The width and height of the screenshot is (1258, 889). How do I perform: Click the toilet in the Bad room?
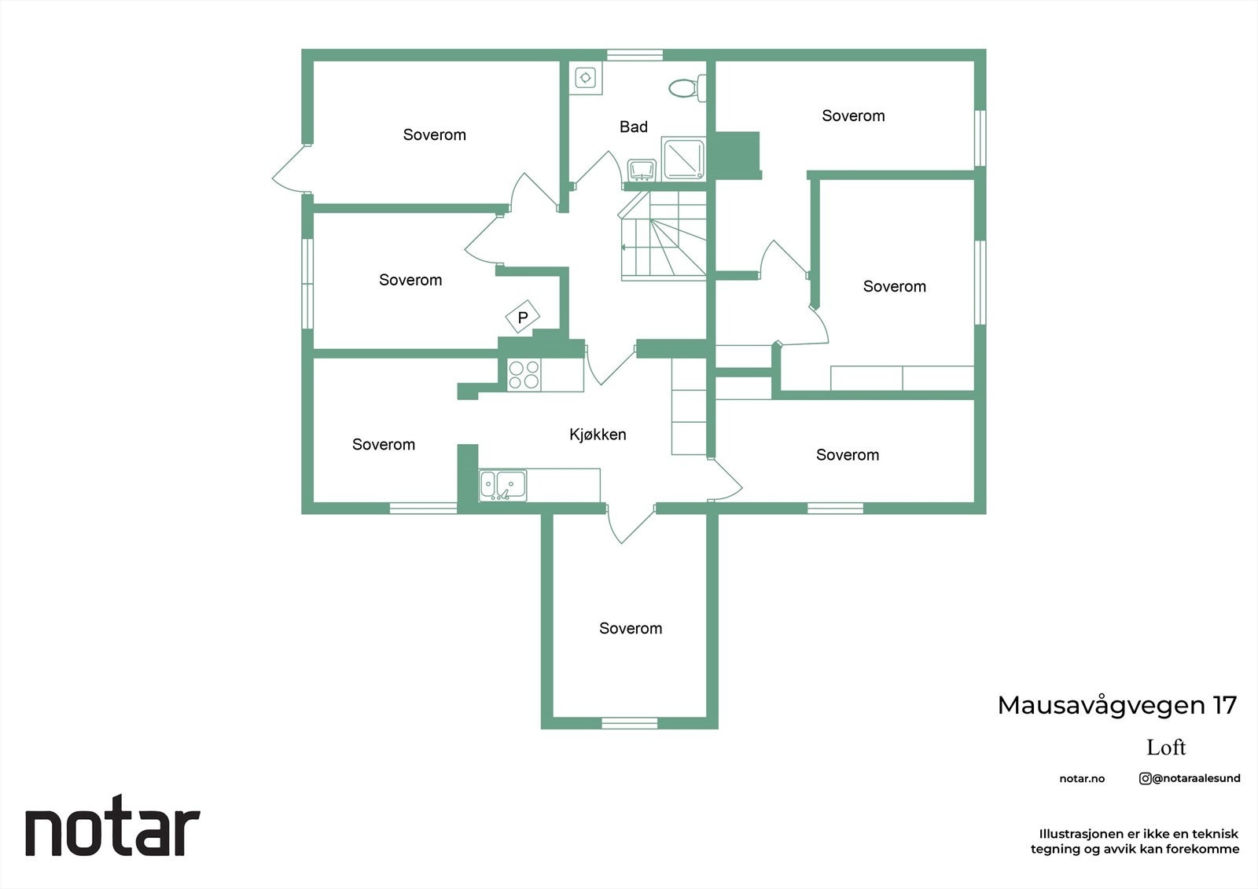pyautogui.click(x=686, y=88)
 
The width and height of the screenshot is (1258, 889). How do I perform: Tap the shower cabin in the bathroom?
pyautogui.click(x=684, y=158)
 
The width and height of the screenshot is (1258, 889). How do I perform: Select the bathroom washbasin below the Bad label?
pyautogui.click(x=642, y=170)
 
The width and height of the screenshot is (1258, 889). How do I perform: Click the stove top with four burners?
pyautogui.click(x=524, y=375)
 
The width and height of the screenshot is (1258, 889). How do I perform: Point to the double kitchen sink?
pyautogui.click(x=502, y=484)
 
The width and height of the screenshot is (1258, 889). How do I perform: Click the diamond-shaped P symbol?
pyautogui.click(x=523, y=318)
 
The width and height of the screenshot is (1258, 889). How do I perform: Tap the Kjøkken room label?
pyautogui.click(x=598, y=434)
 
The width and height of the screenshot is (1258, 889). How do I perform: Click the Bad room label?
pyautogui.click(x=634, y=127)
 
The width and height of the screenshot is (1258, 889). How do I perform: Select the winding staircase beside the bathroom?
pyautogui.click(x=662, y=236)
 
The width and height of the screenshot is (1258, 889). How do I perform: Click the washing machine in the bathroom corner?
pyautogui.click(x=586, y=78)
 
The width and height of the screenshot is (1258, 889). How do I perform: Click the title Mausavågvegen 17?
pyautogui.click(x=1116, y=705)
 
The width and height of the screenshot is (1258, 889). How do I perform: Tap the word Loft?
pyautogui.click(x=1166, y=747)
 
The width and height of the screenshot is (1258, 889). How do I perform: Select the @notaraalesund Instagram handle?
pyautogui.click(x=1196, y=778)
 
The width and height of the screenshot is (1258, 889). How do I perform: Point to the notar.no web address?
pyautogui.click(x=1082, y=779)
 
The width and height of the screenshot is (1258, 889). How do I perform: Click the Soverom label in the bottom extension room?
pyautogui.click(x=631, y=628)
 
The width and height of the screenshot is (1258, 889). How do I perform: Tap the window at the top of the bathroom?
pyautogui.click(x=635, y=55)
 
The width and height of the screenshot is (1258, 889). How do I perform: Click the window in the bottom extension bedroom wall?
pyautogui.click(x=629, y=723)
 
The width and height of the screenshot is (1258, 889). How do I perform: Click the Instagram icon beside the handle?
pyautogui.click(x=1145, y=778)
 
